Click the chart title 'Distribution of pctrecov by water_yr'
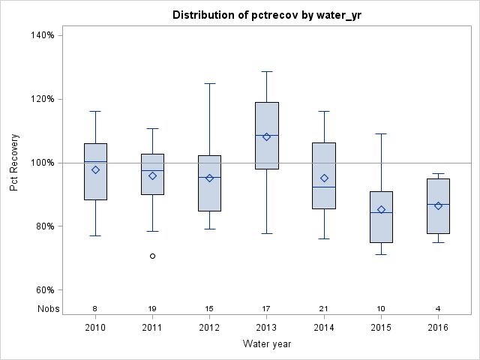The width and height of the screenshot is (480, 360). [x=267, y=15]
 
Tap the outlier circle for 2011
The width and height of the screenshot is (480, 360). [x=152, y=256]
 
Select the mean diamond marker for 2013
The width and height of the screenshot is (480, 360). [x=266, y=136]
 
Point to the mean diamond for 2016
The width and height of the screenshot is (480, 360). [x=438, y=205]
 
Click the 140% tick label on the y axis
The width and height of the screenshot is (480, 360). [x=41, y=35]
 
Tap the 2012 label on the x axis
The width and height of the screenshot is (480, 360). [x=209, y=328]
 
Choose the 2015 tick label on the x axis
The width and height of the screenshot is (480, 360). [x=381, y=328]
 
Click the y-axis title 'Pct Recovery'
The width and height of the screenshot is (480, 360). [x=14, y=163]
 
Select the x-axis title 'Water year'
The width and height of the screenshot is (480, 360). [x=267, y=344]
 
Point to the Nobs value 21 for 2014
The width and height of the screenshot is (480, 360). [x=324, y=308]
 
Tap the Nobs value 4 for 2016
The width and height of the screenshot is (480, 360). [x=438, y=308]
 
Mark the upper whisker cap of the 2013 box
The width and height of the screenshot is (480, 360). [x=267, y=71]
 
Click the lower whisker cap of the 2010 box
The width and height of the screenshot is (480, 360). [x=95, y=235]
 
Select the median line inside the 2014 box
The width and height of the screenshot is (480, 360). [x=324, y=187]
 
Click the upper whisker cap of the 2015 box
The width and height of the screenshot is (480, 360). [x=381, y=133]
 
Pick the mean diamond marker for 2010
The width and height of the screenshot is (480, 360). [x=95, y=169]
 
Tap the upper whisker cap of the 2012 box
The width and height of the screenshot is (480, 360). [x=209, y=83]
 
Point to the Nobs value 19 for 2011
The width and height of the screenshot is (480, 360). [x=152, y=308]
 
